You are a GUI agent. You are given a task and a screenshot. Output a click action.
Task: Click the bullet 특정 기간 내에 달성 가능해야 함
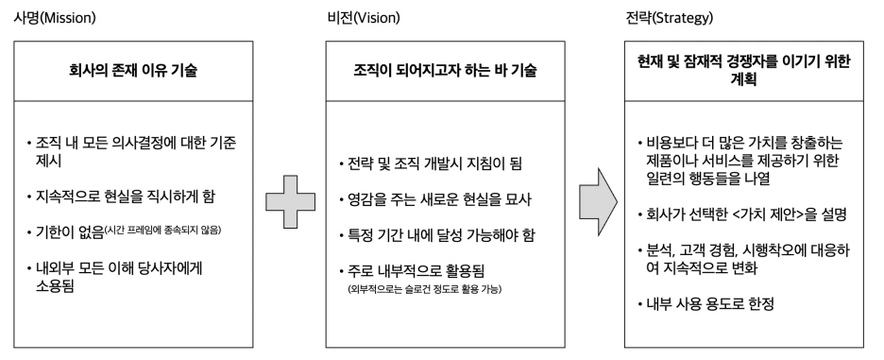(x=439, y=233)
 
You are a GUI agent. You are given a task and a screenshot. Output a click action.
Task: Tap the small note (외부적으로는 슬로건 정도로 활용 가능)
(x=423, y=287)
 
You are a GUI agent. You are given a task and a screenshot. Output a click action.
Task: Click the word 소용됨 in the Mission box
(x=56, y=287)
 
